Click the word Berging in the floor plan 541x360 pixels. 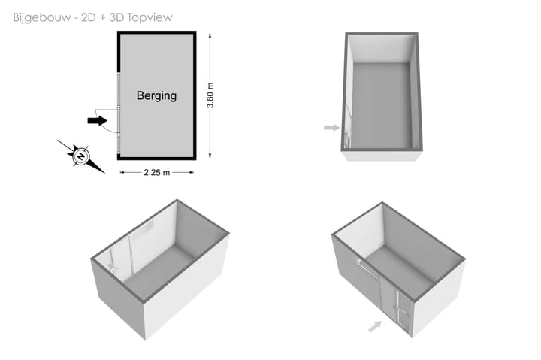(x=156, y=96)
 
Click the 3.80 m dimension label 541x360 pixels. (x=210, y=95)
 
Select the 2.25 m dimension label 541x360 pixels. (x=156, y=172)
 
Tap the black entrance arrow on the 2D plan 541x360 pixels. (x=97, y=120)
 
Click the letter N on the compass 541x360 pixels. (x=81, y=156)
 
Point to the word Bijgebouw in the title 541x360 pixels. (x=42, y=17)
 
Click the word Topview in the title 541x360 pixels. (x=150, y=17)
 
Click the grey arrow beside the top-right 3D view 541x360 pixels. (x=331, y=128)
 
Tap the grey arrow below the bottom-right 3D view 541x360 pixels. (x=375, y=326)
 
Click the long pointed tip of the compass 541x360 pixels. (x=104, y=173)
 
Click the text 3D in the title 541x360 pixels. (x=116, y=17)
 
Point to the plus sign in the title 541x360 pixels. (x=101, y=17)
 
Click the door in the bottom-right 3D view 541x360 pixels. (x=403, y=313)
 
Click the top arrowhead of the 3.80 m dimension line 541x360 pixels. (x=210, y=35)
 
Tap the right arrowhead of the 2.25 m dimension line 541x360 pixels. (x=192, y=172)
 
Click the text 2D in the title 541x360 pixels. (x=89, y=17)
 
